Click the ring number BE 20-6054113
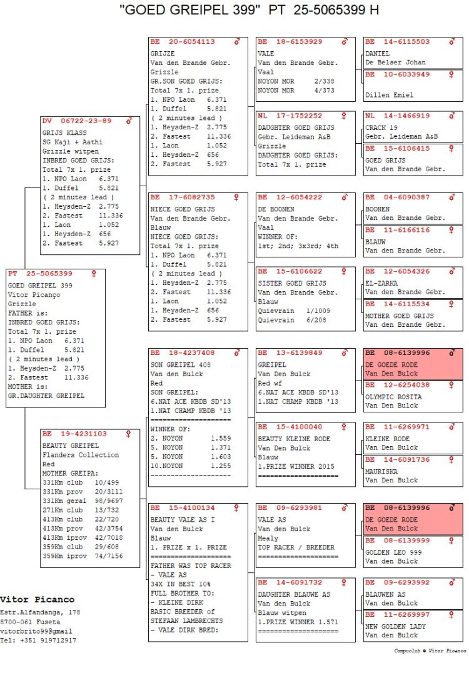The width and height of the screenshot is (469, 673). [x=183, y=42]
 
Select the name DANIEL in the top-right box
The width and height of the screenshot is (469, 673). [x=377, y=54]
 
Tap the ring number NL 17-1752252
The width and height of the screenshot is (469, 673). [x=290, y=116]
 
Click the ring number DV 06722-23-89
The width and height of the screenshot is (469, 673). [x=77, y=121]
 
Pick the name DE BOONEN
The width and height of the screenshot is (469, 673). [x=275, y=209]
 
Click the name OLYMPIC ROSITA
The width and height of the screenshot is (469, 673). [x=393, y=397]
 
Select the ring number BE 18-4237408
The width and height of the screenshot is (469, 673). [x=183, y=353]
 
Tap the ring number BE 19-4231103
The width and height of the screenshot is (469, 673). [x=74, y=434]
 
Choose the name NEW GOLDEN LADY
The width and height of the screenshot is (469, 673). [x=396, y=627]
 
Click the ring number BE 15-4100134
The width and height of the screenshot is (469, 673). [x=183, y=508]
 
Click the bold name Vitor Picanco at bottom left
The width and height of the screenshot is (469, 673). [x=37, y=600]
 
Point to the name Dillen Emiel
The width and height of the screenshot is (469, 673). [x=389, y=95]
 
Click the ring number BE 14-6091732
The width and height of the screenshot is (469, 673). [x=290, y=582]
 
